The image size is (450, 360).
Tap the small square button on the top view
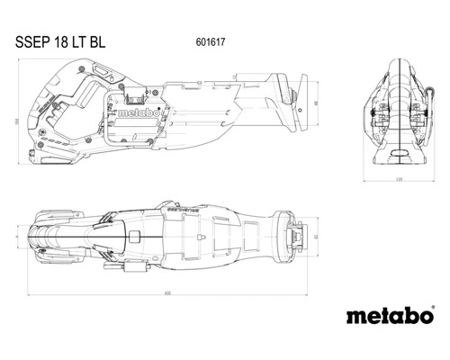point(131,236)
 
